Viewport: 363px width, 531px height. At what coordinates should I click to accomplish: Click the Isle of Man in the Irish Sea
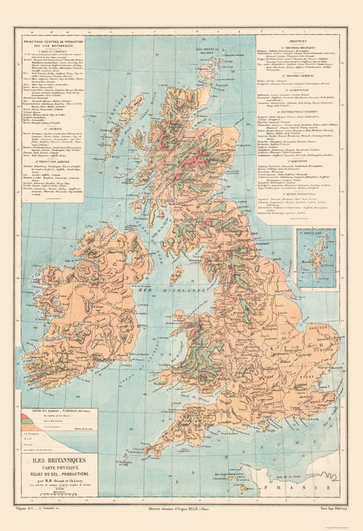pyautogui.click(x=176, y=275)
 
